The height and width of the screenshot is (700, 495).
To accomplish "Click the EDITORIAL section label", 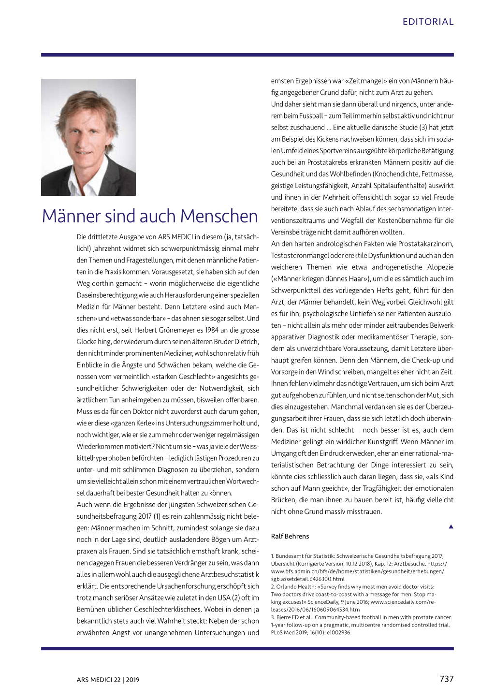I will coord(428,22).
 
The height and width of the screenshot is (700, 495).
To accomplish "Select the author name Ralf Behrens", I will coord(290,536).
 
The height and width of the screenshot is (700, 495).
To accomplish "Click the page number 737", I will coord(446,679).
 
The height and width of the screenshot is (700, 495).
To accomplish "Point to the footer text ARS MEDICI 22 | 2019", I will coord(108,680).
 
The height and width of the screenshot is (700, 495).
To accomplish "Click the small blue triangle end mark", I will coord(451,526).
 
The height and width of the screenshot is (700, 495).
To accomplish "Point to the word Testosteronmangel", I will coord(299,256).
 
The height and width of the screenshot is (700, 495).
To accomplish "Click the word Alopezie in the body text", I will coord(440,267).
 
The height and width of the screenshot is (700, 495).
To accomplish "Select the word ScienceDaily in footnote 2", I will coord(324,602).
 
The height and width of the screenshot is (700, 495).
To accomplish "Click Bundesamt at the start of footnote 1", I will coord(291,556).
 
